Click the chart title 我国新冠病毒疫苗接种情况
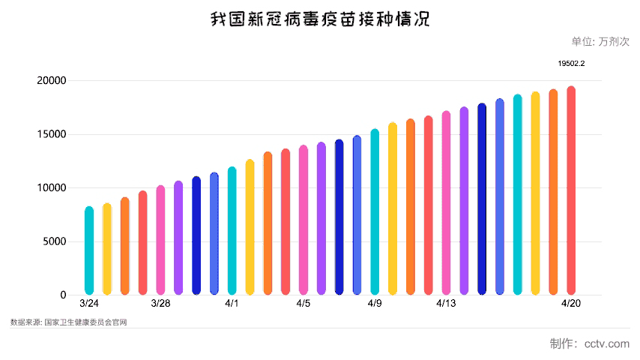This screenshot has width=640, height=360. (x=320, y=19)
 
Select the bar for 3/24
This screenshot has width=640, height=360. (x=89, y=251)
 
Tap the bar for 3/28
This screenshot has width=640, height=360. (x=160, y=240)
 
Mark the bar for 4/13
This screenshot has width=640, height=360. (x=446, y=203)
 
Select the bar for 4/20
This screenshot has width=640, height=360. (x=571, y=190)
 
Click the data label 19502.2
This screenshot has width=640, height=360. (x=571, y=64)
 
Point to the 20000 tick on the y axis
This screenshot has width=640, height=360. (x=52, y=81)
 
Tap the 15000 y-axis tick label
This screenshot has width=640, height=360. (x=52, y=134)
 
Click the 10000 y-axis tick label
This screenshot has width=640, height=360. (x=52, y=188)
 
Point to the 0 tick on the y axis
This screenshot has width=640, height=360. (x=63, y=295)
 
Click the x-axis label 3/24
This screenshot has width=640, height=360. (x=89, y=303)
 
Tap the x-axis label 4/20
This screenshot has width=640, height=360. (x=571, y=303)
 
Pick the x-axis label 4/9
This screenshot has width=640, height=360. (x=375, y=303)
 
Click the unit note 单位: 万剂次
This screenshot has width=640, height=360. (x=600, y=42)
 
